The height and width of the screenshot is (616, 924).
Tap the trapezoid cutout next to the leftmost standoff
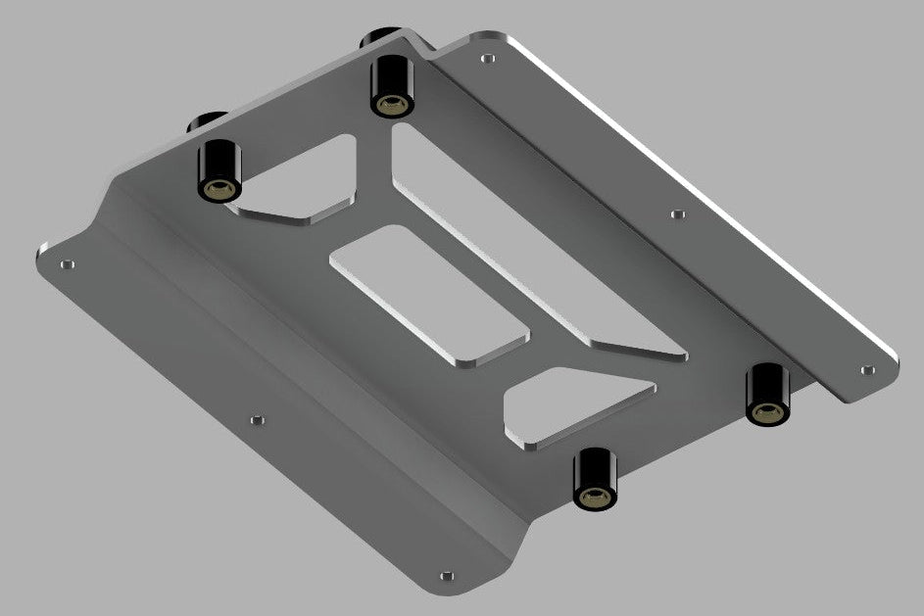coord(299,180)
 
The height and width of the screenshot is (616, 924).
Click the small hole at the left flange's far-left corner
coord(67,264)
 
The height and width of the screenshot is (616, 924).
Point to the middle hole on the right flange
coord(674,213)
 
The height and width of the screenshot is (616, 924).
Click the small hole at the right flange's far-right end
coord(865,370)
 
